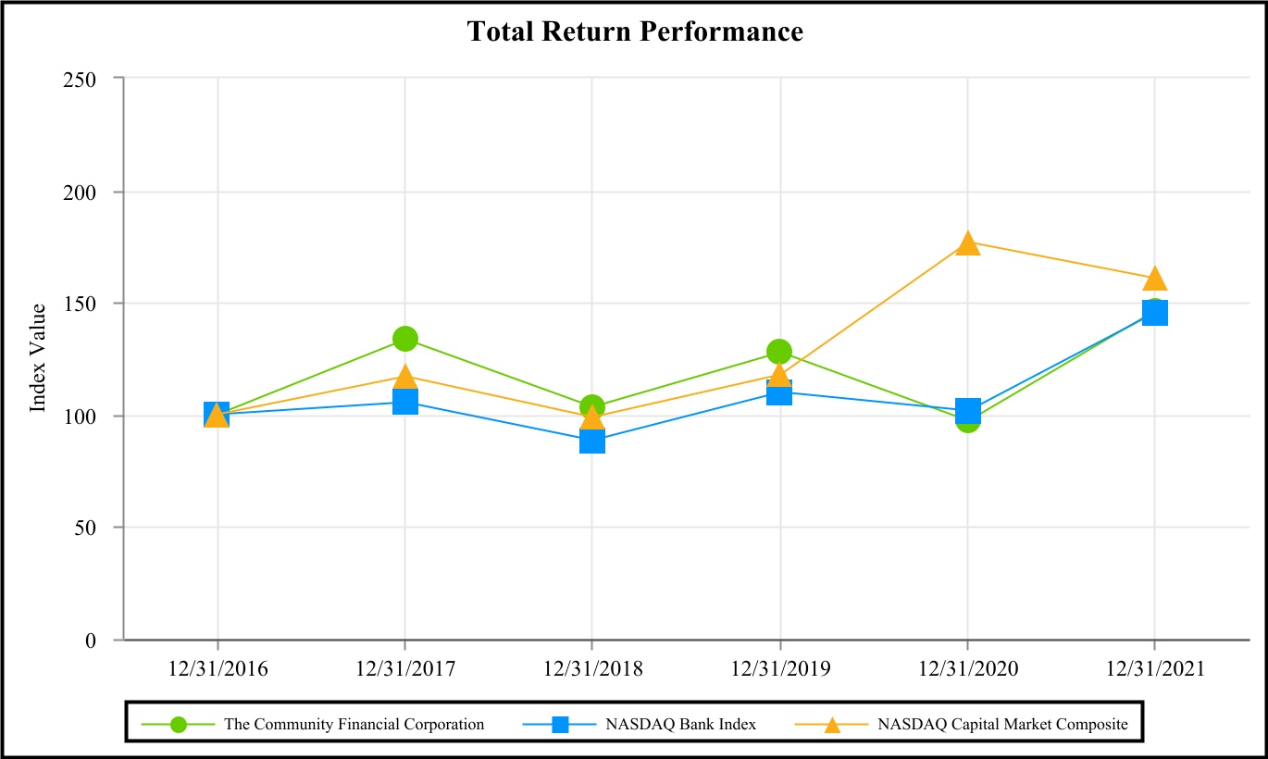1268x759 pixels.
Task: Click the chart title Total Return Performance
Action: (x=635, y=31)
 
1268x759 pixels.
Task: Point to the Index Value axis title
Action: (x=37, y=358)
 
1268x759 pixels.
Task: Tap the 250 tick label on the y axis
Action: (x=80, y=81)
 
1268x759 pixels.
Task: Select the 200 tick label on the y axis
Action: (x=80, y=193)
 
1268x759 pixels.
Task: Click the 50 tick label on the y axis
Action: (x=85, y=529)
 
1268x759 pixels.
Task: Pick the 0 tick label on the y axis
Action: (x=91, y=641)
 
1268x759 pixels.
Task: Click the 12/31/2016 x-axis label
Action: (x=218, y=669)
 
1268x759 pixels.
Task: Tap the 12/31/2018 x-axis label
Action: (x=592, y=669)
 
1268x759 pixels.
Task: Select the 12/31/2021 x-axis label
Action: (x=1155, y=669)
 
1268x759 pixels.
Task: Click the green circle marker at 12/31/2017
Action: (x=405, y=339)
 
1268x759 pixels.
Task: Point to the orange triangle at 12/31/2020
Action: (x=968, y=243)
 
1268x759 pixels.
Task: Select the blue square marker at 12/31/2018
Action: (x=592, y=441)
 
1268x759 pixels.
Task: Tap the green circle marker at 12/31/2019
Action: (x=779, y=352)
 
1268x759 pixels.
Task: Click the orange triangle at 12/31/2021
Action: (x=1155, y=279)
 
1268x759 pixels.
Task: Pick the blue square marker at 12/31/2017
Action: (x=405, y=402)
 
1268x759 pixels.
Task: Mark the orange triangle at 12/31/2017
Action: (x=405, y=377)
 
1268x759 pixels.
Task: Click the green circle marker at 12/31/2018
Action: (x=592, y=407)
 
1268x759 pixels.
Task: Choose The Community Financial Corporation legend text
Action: (x=354, y=725)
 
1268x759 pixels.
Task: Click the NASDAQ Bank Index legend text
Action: (x=680, y=725)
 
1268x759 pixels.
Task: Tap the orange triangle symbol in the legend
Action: (x=832, y=725)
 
